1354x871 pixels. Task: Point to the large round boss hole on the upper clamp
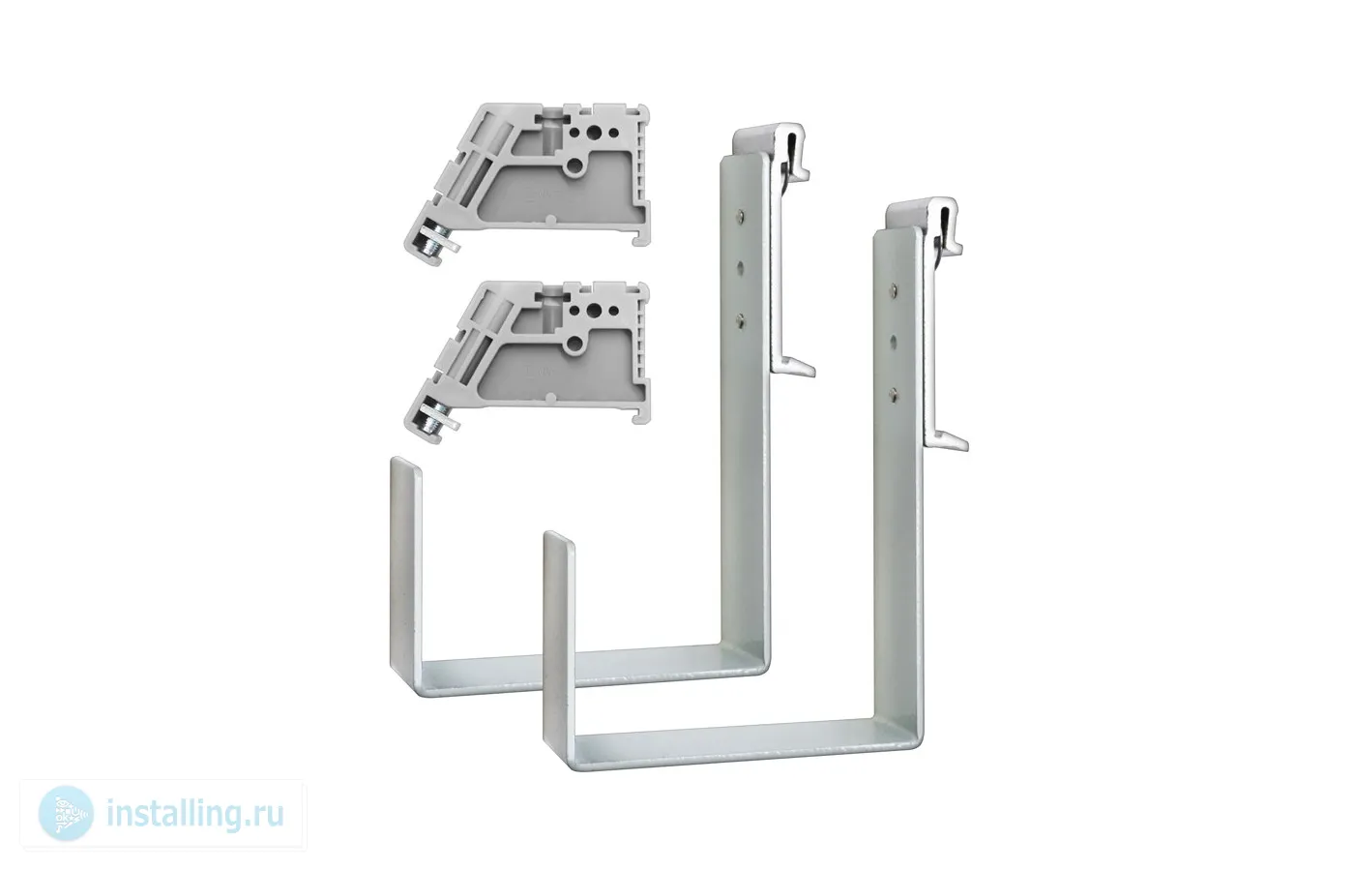click(574, 167)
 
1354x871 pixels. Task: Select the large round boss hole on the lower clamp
click(574, 345)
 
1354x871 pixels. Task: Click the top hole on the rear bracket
click(740, 214)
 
